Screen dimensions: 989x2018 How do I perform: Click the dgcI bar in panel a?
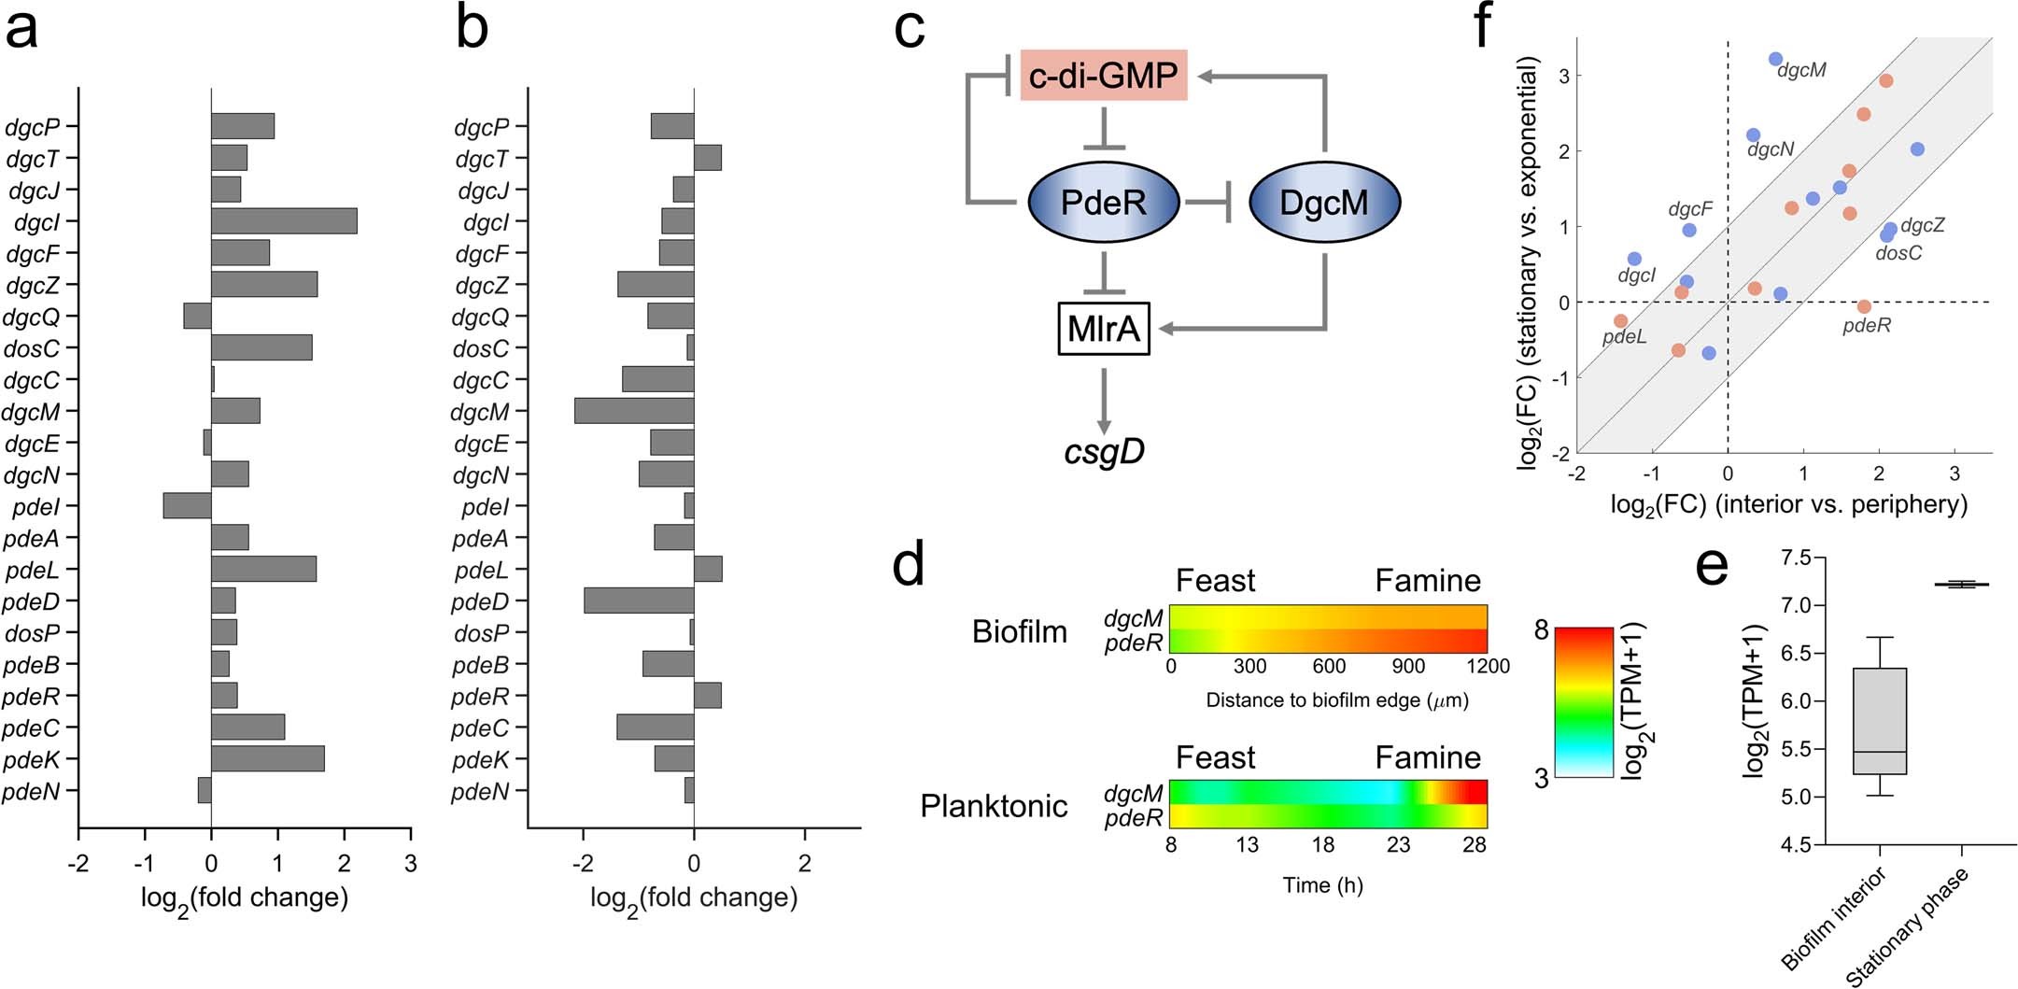tap(284, 221)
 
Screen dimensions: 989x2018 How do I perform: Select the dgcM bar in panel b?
tap(634, 411)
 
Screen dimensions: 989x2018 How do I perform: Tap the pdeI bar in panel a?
tap(188, 506)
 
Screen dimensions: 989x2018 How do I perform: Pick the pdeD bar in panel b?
tap(639, 600)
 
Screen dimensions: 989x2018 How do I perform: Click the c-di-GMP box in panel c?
tap(1104, 75)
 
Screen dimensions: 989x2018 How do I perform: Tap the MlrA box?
tap(1104, 329)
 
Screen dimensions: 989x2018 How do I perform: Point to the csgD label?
tap(1104, 452)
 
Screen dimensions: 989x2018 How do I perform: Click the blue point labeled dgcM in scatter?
tap(1775, 60)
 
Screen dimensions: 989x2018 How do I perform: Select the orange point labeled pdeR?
tap(1864, 306)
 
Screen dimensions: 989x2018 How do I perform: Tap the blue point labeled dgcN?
tap(1753, 135)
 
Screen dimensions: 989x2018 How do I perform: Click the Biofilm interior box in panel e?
tap(1879, 720)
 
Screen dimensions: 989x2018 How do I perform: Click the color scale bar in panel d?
tap(1584, 701)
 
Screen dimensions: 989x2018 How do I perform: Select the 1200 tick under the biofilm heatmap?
tap(1488, 666)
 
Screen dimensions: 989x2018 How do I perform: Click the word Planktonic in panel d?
tap(994, 805)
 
